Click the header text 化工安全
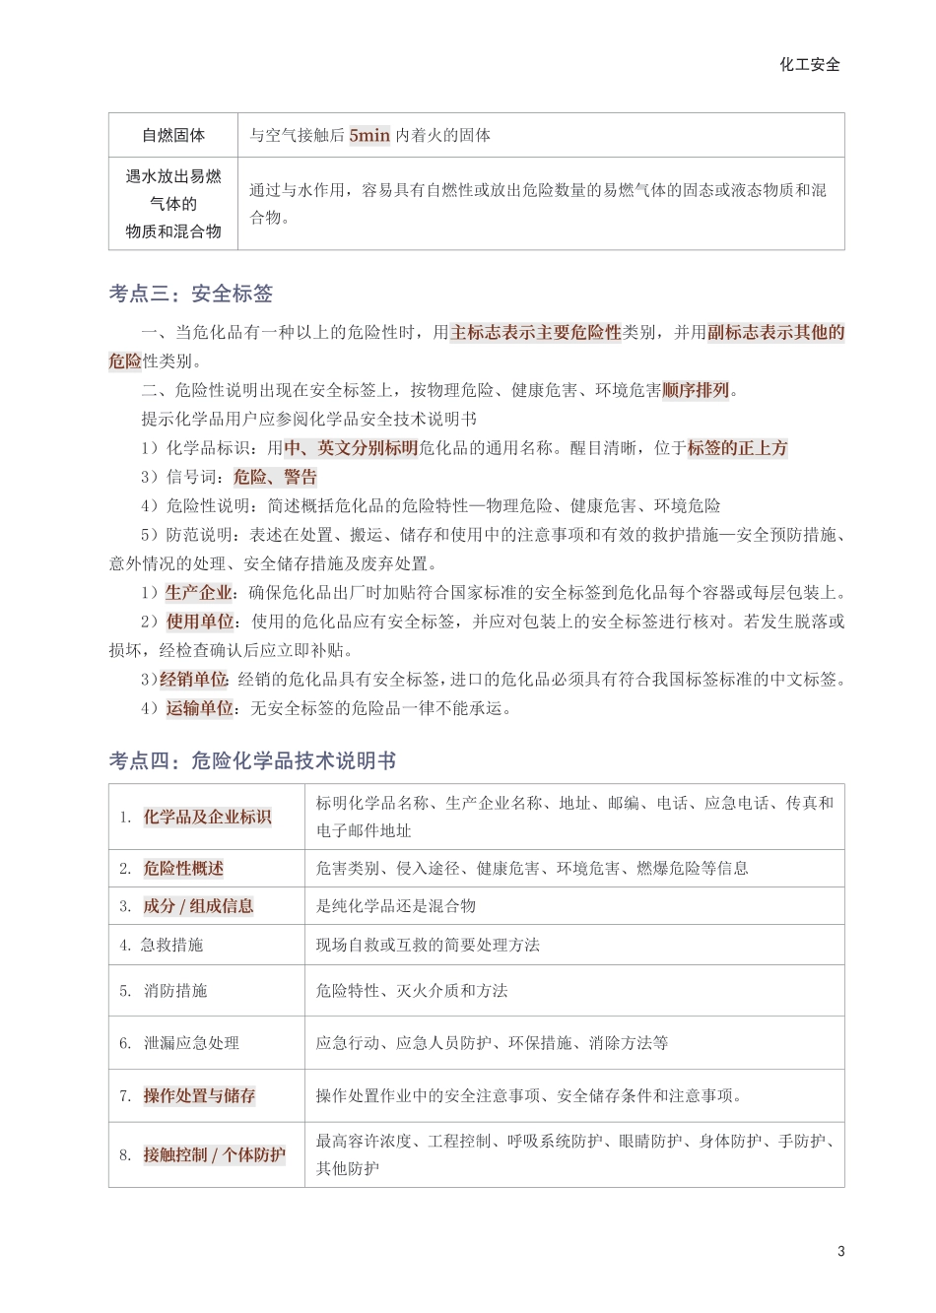coord(810,64)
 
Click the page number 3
coord(840,1251)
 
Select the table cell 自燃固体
coord(173,135)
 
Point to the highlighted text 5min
coord(369,135)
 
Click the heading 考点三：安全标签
coord(191,294)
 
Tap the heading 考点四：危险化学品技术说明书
coord(252,760)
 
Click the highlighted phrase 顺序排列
coord(696,390)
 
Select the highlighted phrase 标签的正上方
coord(737,448)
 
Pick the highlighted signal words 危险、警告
coord(275,477)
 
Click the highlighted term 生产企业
coord(198,592)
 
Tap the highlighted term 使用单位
coord(200,622)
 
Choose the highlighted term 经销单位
coord(193,679)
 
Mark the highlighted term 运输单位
coord(200,707)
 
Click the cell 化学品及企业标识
coord(207,817)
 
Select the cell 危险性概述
coord(183,868)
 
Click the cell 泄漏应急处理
coord(191,1042)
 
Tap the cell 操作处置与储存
coord(199,1095)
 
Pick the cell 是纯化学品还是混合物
coord(396,905)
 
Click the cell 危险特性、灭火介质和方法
coord(412,990)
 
